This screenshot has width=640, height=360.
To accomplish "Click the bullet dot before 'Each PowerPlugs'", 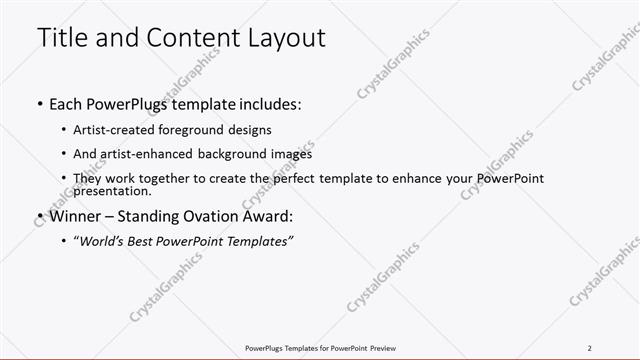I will pyautogui.click(x=39, y=103).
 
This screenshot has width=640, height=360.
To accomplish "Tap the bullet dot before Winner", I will pyautogui.click(x=39, y=216).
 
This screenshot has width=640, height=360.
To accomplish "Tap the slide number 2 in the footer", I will pyautogui.click(x=589, y=348).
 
